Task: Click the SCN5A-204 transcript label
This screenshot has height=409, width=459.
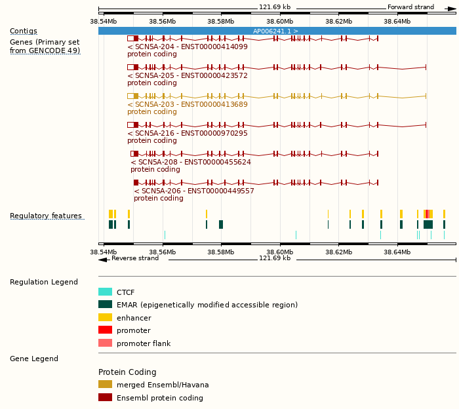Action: [188, 47]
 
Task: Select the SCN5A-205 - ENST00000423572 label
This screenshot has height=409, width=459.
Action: [188, 75]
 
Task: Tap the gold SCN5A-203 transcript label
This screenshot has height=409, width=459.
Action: [188, 104]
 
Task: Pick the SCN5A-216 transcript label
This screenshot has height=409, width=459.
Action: [188, 133]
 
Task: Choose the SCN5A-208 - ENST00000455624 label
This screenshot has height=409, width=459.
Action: [191, 162]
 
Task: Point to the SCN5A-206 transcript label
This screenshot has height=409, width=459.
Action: [194, 191]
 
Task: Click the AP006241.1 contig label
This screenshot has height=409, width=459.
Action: [275, 31]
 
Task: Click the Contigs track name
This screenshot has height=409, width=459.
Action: [24, 31]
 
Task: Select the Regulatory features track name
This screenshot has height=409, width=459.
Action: [46, 216]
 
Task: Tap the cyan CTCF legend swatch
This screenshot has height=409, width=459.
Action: [105, 292]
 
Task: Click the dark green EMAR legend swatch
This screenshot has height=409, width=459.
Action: [105, 305]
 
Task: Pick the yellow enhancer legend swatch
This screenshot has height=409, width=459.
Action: [105, 318]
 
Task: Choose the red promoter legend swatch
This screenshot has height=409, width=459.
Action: [105, 330]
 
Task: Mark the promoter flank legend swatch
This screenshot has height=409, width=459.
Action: [105, 343]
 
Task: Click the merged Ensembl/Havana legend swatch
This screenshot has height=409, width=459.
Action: [105, 385]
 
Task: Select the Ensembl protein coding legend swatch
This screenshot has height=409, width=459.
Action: [105, 398]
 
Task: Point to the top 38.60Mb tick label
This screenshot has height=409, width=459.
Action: [280, 21]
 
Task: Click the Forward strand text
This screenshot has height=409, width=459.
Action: [410, 7]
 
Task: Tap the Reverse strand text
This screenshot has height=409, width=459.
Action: [134, 258]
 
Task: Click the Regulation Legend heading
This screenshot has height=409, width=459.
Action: [44, 282]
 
